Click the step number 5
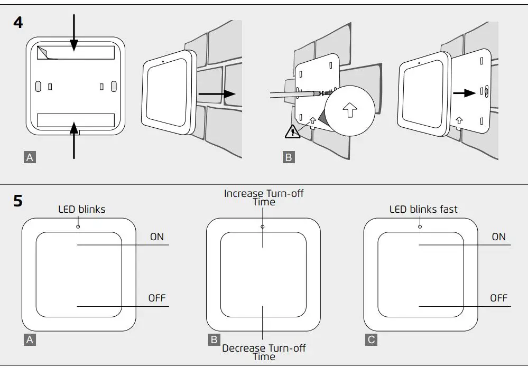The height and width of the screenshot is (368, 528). click(18, 201)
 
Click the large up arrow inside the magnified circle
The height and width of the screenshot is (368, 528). click(349, 110)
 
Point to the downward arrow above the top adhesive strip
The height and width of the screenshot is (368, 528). click(73, 32)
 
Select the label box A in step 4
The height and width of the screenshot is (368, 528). click(30, 157)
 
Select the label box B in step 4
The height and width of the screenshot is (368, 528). click(289, 157)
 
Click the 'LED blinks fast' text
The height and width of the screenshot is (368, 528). click(423, 210)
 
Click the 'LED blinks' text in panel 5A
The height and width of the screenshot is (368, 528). click(81, 210)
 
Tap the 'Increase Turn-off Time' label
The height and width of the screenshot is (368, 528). click(264, 197)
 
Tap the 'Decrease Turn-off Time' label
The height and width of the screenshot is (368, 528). click(264, 352)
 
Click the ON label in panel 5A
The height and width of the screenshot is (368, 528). click(157, 237)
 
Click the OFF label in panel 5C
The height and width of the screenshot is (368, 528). click(498, 298)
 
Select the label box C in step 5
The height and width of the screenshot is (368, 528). click(372, 339)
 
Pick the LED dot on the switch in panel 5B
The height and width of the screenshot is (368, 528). click(263, 227)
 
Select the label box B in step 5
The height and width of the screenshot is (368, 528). click(214, 339)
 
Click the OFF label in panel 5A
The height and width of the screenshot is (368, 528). click(157, 298)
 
